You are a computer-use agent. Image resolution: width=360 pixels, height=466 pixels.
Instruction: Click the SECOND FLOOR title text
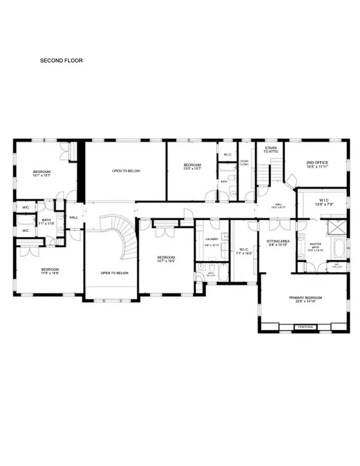(x=61, y=61)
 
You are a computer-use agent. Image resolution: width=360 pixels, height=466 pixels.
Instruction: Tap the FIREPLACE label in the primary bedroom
(x=305, y=327)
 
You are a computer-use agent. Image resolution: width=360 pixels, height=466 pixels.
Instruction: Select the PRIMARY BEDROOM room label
(x=305, y=298)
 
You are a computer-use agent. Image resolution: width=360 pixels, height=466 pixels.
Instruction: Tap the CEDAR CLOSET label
(x=244, y=163)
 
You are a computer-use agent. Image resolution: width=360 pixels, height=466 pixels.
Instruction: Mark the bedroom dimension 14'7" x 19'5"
(x=166, y=262)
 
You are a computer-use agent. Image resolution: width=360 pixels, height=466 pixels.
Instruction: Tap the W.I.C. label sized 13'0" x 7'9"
(x=323, y=204)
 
